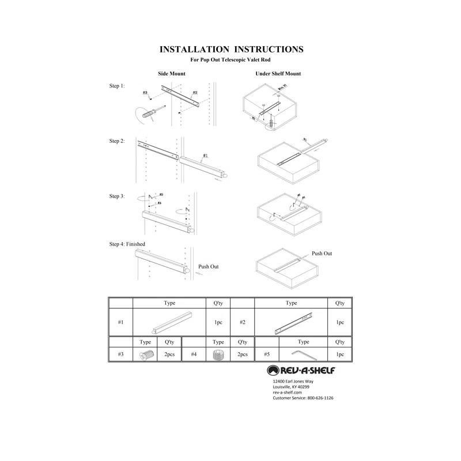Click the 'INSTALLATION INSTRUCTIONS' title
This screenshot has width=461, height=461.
pos(231,50)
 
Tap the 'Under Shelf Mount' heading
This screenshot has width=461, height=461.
pos(278,74)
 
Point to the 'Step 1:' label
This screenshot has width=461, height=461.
pos(117,86)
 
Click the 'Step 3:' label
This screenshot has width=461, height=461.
pos(117,197)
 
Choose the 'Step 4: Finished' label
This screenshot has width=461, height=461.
pos(127,244)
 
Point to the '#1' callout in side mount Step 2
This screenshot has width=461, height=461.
pos(205,156)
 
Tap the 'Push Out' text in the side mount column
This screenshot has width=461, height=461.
pos(209,267)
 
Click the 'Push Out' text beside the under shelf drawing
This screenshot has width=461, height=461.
pos(322,254)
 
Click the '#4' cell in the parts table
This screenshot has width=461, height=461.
pos(194,354)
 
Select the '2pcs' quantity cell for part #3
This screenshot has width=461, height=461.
pos(169,354)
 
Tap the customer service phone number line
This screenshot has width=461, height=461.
pos(303,398)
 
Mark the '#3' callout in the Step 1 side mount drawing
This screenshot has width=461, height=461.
pos(145,93)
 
